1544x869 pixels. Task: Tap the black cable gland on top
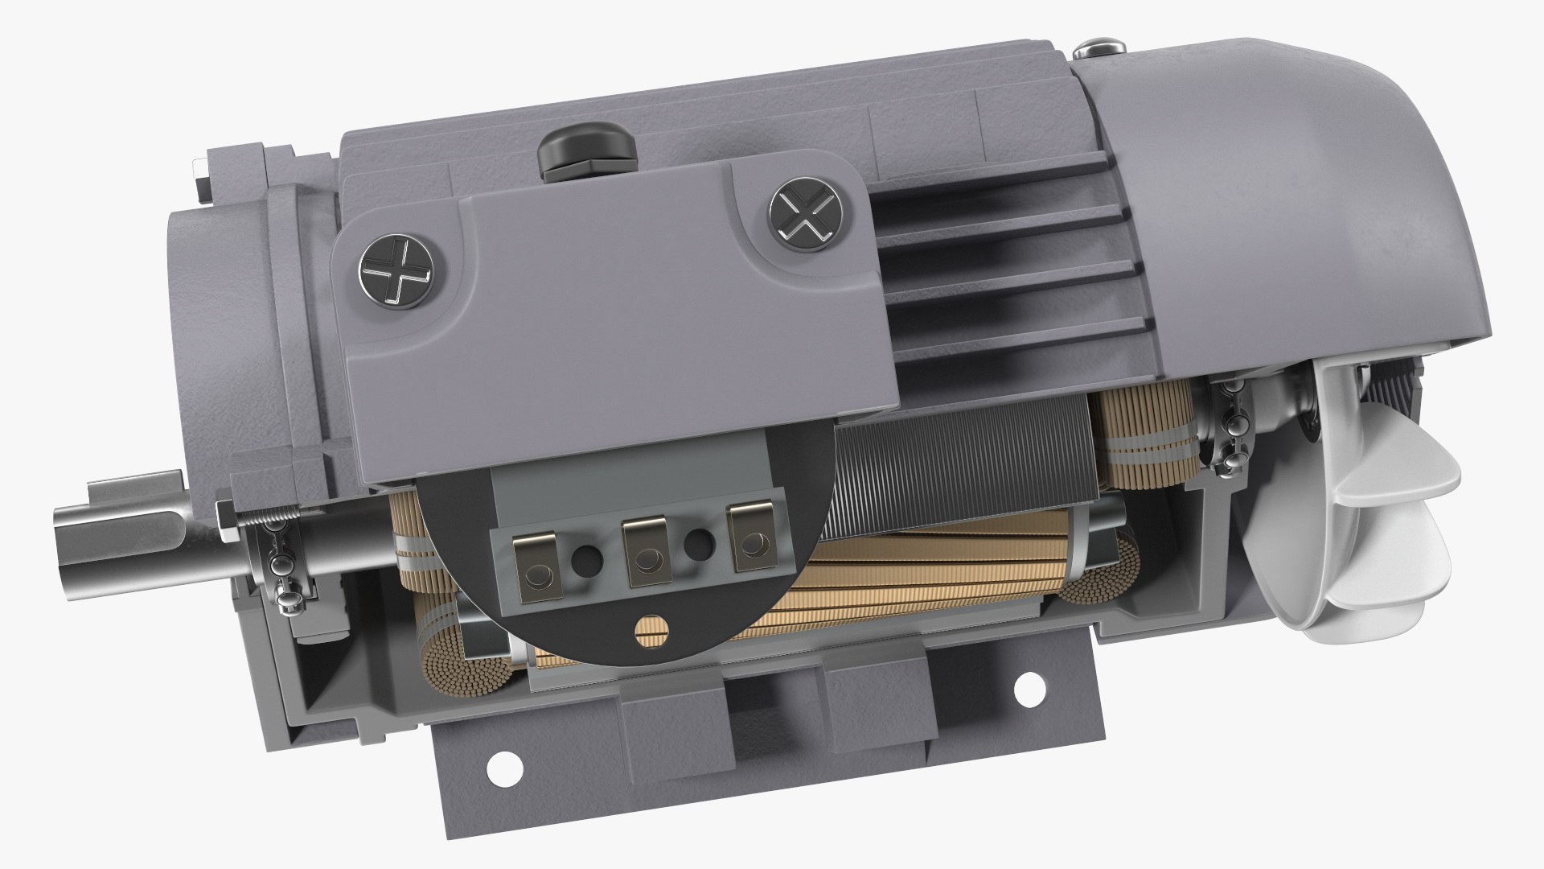585,152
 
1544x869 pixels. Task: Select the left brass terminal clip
536,570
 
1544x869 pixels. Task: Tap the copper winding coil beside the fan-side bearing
1142,434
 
